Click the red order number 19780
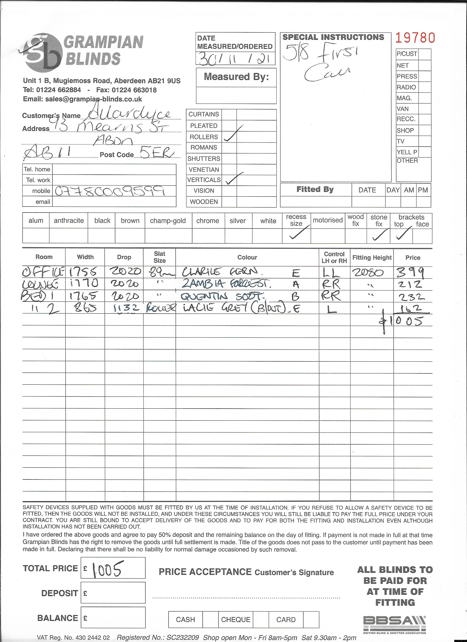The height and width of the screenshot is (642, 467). [415, 38]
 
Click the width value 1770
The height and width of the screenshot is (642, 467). [84, 283]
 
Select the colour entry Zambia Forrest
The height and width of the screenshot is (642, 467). [226, 284]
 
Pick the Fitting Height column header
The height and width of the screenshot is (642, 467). [372, 258]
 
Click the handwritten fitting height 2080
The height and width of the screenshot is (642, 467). [368, 273]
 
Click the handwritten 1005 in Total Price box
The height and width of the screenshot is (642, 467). [107, 569]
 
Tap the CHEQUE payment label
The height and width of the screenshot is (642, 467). [236, 620]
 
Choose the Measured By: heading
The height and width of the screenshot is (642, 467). [236, 77]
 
